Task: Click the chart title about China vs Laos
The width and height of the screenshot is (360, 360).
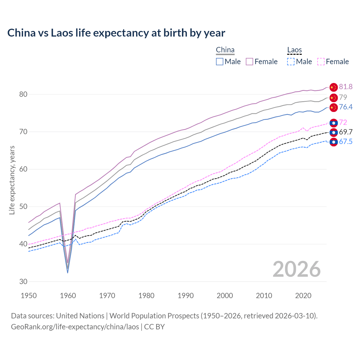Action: pos(116,33)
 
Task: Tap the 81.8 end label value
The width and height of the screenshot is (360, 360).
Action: pos(346,87)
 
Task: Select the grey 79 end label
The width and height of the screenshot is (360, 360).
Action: pos(343,97)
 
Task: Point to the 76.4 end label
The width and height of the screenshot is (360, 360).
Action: pos(346,107)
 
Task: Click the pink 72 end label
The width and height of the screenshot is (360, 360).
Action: pos(343,122)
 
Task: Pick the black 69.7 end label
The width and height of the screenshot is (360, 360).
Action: pos(346,132)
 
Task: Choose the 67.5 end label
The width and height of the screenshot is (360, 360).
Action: pos(346,141)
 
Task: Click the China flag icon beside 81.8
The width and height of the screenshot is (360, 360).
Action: pos(333,87)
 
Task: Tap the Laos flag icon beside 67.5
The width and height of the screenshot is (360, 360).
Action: pos(333,142)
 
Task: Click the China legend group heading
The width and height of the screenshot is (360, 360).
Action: pos(225,50)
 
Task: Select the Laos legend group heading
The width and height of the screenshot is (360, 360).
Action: pos(294,50)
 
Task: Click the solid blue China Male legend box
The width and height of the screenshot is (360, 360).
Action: pos(220,62)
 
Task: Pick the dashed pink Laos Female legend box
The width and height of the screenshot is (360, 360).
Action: pos(321,62)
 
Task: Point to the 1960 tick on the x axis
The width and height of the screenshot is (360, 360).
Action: pos(68,296)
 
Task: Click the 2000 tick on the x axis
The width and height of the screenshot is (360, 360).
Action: pos(225,296)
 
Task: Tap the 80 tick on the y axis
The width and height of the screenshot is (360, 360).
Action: pos(23,94)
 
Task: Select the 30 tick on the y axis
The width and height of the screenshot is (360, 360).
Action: pos(23,282)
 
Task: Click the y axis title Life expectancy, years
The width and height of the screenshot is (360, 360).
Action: pos(12,180)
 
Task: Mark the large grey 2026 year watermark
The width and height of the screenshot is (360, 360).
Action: pos(296,269)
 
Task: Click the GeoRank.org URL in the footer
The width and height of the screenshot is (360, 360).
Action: pos(75,327)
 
